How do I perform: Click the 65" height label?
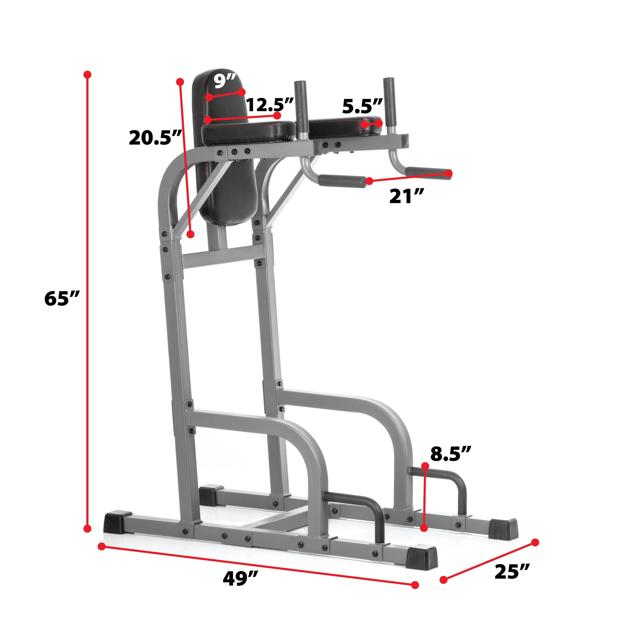[62, 299]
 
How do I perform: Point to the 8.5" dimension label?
[450, 454]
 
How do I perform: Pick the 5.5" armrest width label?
[362, 106]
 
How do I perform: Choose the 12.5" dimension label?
[270, 104]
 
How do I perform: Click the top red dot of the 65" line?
[87, 75]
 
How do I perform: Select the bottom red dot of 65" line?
[87, 529]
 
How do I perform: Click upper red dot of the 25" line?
[535, 542]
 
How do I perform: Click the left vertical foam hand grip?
[301, 110]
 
